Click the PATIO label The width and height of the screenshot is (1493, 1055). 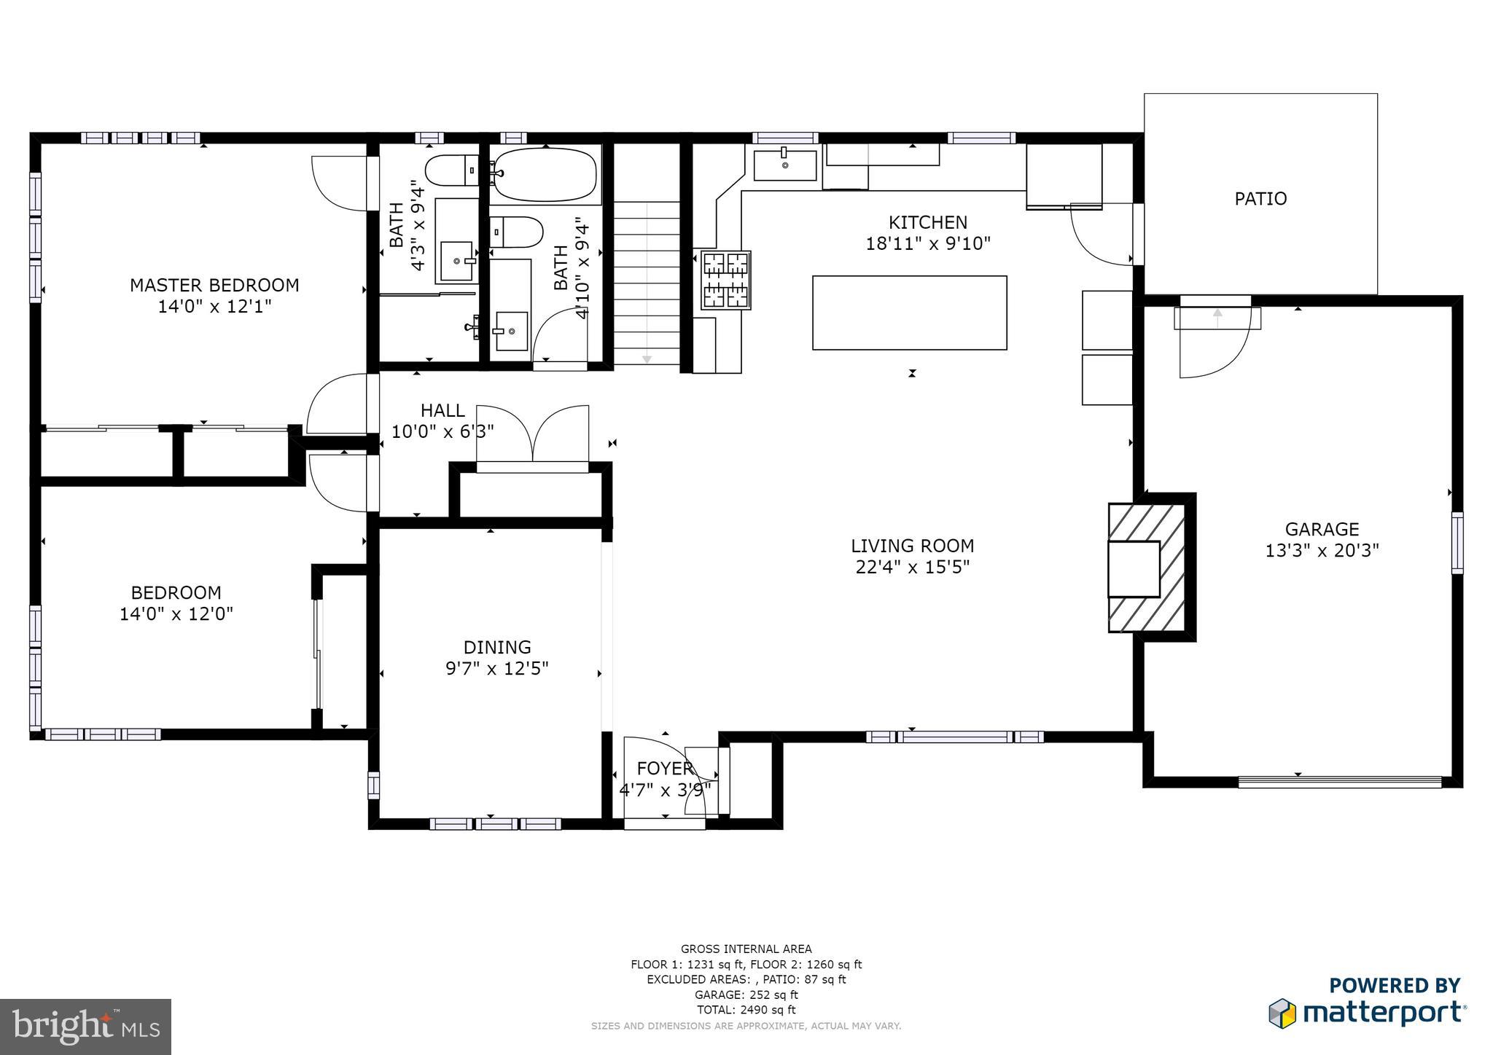(x=1260, y=198)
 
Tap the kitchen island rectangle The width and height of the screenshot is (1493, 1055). (x=909, y=313)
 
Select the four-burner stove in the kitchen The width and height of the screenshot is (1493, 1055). (x=725, y=281)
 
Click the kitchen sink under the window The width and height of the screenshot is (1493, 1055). (x=784, y=165)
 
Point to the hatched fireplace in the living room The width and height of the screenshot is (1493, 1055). (x=1147, y=568)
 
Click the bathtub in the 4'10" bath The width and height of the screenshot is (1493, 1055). (x=544, y=175)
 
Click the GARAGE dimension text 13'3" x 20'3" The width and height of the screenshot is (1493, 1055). (x=1322, y=550)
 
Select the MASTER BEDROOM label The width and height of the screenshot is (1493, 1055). (x=214, y=285)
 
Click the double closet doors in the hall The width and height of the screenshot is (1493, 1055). (x=533, y=435)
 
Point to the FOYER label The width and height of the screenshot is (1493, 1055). (x=664, y=769)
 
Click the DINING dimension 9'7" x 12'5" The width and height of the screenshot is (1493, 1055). (x=496, y=668)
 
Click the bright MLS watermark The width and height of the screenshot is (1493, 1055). (x=86, y=1027)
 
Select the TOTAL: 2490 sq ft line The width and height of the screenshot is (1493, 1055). (x=746, y=1010)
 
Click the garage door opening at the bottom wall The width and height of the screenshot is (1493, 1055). (x=1340, y=782)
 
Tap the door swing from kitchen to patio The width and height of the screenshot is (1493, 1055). (x=1101, y=235)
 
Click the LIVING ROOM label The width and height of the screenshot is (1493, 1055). (x=912, y=546)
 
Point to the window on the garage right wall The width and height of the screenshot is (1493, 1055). (x=1457, y=542)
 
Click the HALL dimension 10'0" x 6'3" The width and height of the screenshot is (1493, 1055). (x=443, y=431)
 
